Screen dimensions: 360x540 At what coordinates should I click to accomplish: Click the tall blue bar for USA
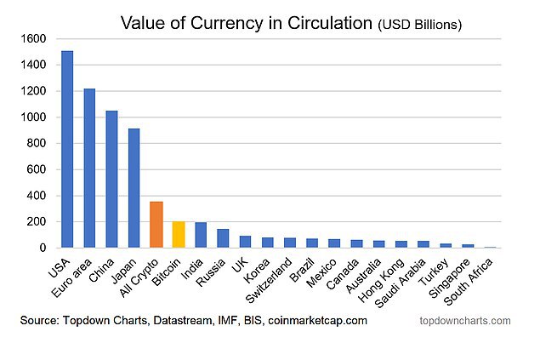point(67,150)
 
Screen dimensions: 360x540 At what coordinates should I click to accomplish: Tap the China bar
point(111,180)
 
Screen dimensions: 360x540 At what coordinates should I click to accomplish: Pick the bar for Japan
point(134,188)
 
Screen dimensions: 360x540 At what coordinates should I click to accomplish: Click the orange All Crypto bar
point(156,225)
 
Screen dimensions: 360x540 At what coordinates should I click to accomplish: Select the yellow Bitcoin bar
point(178,235)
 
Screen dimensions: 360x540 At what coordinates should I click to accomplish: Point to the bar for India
point(200,236)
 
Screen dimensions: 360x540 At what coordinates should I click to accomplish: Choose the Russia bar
point(223,238)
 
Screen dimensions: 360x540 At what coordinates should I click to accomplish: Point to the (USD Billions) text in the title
point(419,25)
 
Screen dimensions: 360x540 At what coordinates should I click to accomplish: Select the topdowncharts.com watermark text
point(465,321)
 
